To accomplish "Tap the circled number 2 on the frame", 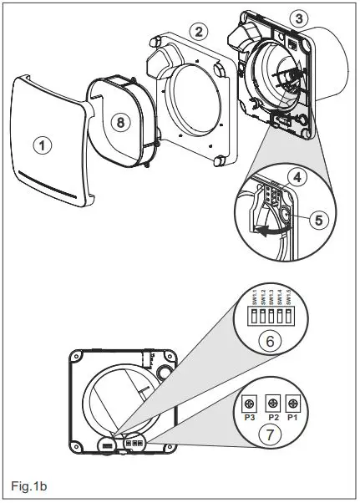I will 197,32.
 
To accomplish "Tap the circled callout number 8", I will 122,121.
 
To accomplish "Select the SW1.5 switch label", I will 288,297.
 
